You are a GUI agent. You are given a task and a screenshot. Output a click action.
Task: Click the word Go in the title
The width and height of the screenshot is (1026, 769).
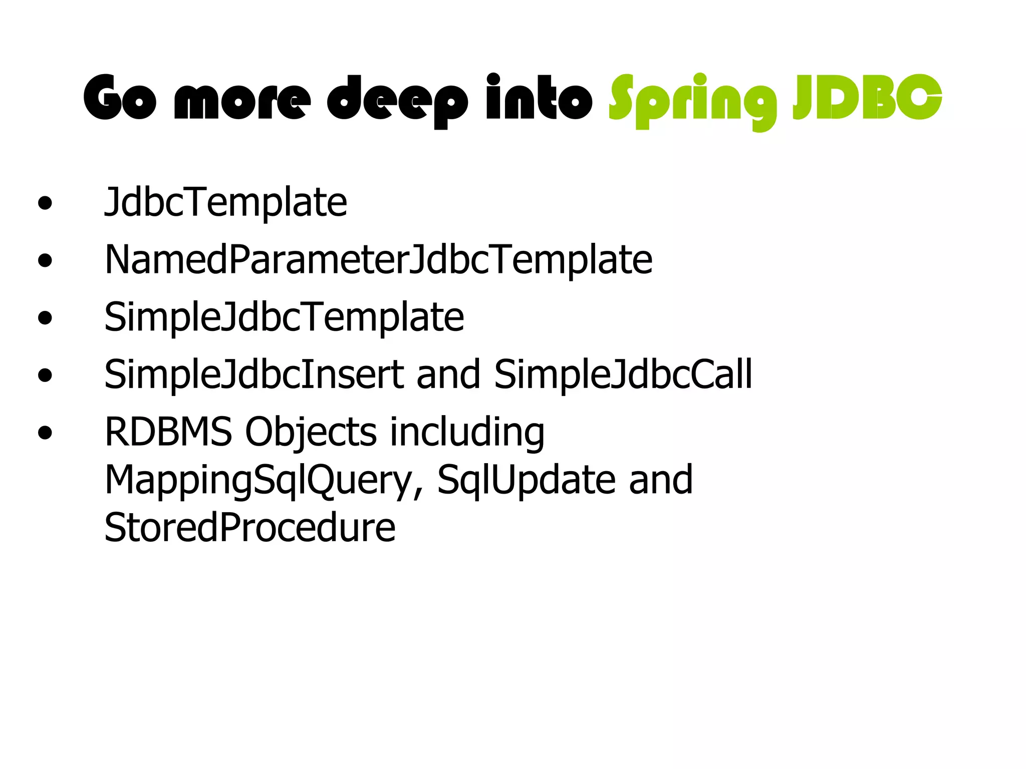(120, 98)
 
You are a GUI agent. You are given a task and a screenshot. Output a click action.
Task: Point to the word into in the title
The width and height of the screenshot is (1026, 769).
(539, 98)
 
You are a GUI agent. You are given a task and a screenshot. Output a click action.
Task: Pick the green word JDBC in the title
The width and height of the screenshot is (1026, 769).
(867, 98)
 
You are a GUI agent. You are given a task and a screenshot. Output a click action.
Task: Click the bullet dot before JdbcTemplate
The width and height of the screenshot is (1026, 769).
(45, 203)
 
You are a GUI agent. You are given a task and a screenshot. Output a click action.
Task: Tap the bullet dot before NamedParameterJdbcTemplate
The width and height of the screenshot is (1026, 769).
(45, 260)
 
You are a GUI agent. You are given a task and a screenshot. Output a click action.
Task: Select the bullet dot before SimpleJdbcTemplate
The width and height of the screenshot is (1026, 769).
(45, 318)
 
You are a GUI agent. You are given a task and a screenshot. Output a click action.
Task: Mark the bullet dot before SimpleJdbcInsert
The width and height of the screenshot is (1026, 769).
(45, 375)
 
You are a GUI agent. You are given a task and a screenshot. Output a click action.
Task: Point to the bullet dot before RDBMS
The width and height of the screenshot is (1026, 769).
(45, 433)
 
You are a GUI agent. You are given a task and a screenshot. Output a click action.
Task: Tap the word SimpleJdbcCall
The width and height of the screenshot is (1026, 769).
(623, 374)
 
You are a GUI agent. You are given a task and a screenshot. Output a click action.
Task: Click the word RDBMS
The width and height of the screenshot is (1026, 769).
(168, 432)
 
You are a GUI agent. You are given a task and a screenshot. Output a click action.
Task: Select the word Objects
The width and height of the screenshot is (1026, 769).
(311, 433)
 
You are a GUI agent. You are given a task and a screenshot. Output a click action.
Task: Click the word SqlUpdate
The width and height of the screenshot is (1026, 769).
(526, 480)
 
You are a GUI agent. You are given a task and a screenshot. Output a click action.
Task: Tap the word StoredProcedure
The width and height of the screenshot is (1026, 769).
(249, 527)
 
